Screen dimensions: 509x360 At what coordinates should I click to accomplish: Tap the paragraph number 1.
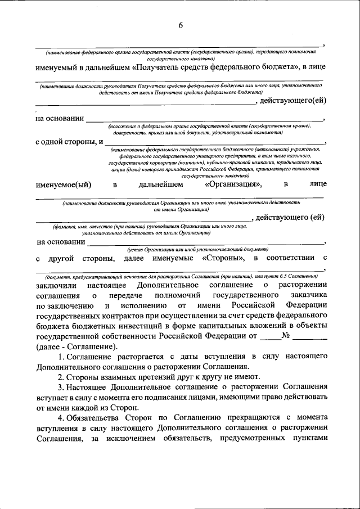[60, 356]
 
